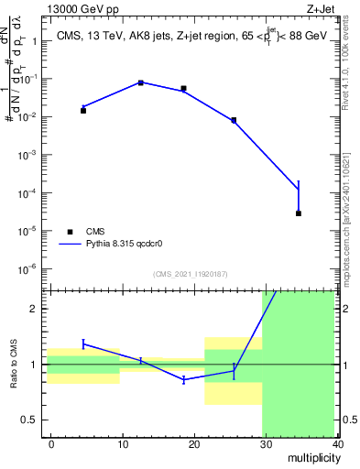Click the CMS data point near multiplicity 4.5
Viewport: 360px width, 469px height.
83,110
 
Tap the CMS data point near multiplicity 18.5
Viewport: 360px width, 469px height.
184,89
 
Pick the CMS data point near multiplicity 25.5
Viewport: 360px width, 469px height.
234,120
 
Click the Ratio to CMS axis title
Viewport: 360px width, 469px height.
14,364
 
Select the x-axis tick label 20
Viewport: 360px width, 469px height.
194,444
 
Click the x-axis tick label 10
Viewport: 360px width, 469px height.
123,444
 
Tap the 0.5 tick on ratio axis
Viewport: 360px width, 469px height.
30,420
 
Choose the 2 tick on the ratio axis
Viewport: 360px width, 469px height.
35,309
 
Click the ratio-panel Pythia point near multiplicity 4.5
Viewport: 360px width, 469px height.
83,344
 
